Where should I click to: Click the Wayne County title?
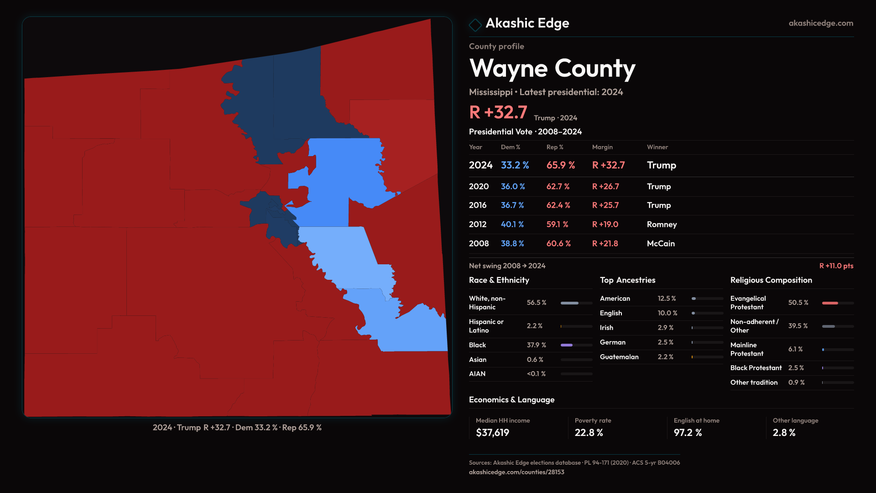click(x=552, y=69)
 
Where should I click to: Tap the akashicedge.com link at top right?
click(x=821, y=23)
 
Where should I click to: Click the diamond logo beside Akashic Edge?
click(x=475, y=25)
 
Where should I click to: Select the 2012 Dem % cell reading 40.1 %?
click(x=512, y=225)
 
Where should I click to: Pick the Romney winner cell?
click(x=662, y=225)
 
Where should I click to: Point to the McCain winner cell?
click(x=661, y=244)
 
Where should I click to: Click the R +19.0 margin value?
click(x=605, y=225)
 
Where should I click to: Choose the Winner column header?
click(x=657, y=147)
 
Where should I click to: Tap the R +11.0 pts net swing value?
click(x=836, y=266)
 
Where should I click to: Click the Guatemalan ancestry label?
click(x=619, y=357)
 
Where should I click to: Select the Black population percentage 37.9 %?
click(x=536, y=345)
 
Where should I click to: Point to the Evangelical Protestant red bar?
click(x=830, y=303)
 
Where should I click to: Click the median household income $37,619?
click(x=492, y=433)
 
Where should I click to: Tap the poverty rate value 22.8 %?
click(x=589, y=433)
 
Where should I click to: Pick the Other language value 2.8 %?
click(x=784, y=433)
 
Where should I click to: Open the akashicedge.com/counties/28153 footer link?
click(x=516, y=472)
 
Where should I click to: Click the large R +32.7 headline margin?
click(x=498, y=112)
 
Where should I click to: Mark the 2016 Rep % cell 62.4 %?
click(x=558, y=205)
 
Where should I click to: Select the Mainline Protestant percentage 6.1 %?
click(x=795, y=349)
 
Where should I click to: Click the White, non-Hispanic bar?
click(x=569, y=303)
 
